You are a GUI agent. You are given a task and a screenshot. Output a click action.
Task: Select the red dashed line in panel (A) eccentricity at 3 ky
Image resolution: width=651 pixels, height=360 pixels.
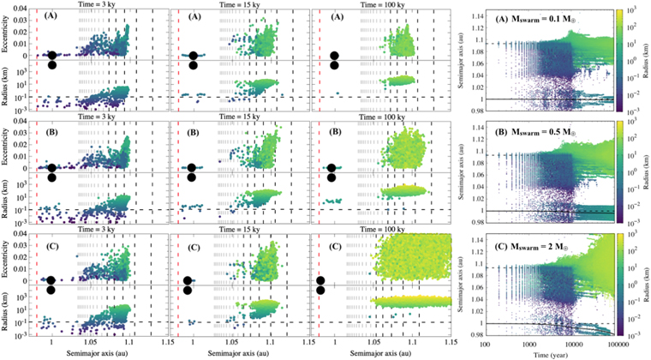38,34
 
